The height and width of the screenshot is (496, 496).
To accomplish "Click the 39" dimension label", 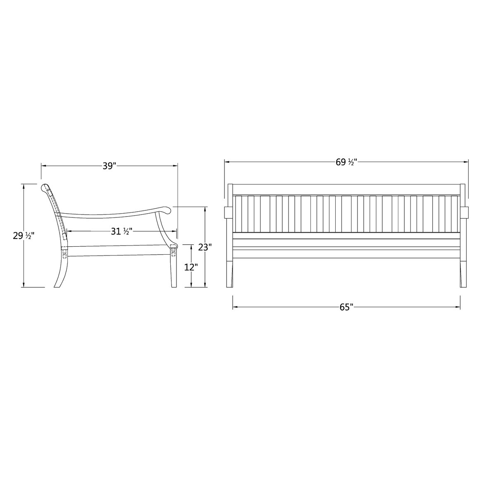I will (109, 166).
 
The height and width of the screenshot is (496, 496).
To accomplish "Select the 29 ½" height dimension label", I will (23, 236).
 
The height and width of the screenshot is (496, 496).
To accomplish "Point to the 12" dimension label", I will (191, 267).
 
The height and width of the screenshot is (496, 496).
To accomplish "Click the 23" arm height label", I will (205, 248).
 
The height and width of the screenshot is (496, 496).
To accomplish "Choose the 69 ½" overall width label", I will (346, 162).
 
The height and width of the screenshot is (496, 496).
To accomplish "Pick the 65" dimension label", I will (346, 307).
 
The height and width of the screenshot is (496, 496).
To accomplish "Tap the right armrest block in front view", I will (464, 212).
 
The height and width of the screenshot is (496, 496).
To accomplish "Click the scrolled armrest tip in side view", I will (166, 211).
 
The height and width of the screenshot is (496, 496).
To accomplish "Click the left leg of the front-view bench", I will (230, 273).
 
